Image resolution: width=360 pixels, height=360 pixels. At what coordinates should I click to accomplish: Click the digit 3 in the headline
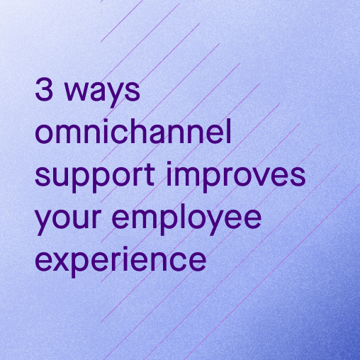(44, 90)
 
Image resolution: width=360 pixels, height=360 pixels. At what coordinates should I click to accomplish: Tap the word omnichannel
(133, 131)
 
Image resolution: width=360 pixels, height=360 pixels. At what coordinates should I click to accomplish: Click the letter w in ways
(77, 91)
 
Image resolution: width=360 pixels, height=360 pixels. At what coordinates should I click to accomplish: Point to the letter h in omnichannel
(135, 131)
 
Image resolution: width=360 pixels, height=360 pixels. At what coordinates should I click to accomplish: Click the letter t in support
(150, 174)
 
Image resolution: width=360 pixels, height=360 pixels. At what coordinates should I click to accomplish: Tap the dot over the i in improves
(169, 163)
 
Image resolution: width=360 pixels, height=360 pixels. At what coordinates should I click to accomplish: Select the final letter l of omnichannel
(229, 131)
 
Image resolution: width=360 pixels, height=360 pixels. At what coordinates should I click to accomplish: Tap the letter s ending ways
(133, 91)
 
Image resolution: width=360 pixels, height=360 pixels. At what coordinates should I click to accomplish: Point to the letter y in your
(45, 223)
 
